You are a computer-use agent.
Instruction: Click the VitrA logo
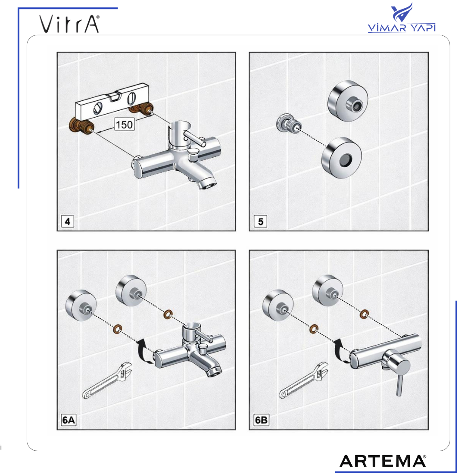[x=69, y=24]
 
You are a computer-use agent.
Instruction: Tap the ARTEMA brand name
[x=383, y=461]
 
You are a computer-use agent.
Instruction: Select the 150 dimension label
[x=124, y=124]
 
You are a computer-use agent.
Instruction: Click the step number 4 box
[x=67, y=221]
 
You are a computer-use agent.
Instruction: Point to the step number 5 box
[x=260, y=221]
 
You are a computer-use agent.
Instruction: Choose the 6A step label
[x=69, y=420]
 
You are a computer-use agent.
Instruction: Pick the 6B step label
[x=261, y=420]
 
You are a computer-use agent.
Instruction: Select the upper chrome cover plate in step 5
[x=348, y=101]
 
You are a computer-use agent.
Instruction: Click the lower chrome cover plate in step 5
[x=341, y=158]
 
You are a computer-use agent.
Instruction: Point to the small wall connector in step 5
[x=289, y=124]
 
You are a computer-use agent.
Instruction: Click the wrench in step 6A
[x=107, y=380]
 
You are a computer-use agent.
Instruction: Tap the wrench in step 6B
[x=303, y=380]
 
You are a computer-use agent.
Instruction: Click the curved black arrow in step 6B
[x=338, y=352]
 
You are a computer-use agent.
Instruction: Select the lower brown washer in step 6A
[x=117, y=329]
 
